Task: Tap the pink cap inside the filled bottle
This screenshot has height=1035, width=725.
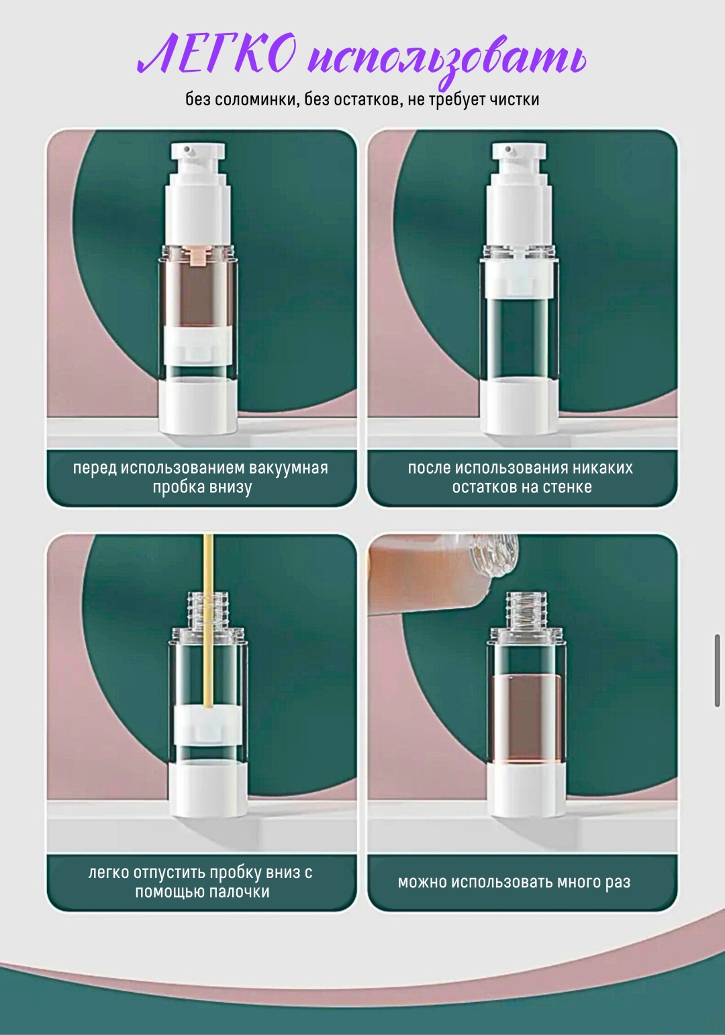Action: coord(198,256)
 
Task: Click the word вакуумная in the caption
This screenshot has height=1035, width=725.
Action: coord(289,468)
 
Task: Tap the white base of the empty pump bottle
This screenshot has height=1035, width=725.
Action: coord(519,406)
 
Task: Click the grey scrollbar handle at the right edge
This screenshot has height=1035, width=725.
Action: coord(717,671)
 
